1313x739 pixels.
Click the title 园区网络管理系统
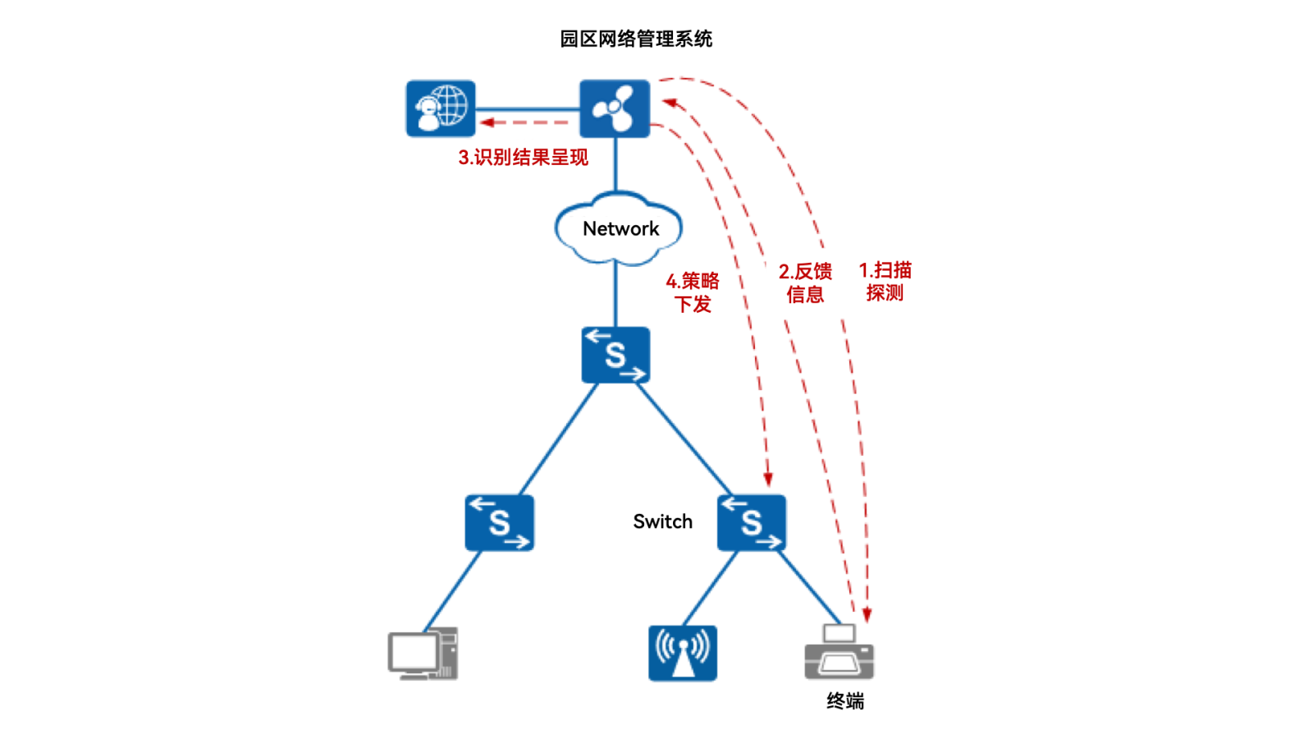[635, 39]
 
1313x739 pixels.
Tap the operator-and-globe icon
[441, 108]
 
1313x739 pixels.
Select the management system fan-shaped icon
[615, 108]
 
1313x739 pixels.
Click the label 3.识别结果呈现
[523, 157]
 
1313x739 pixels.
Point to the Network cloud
[620, 228]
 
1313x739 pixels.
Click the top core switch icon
[615, 355]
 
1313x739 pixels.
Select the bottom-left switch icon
[499, 522]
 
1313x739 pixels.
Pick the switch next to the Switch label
[751, 522]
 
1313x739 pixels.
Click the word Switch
[662, 521]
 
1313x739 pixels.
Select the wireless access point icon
[682, 654]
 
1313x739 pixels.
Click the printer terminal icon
[839, 653]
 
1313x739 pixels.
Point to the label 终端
[844, 700]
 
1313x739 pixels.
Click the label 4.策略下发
[693, 292]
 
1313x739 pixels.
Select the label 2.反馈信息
[805, 282]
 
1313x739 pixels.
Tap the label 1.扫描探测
[885, 281]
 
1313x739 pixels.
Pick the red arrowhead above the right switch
[768, 480]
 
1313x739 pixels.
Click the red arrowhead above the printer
[867, 615]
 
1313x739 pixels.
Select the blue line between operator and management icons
[527, 108]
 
